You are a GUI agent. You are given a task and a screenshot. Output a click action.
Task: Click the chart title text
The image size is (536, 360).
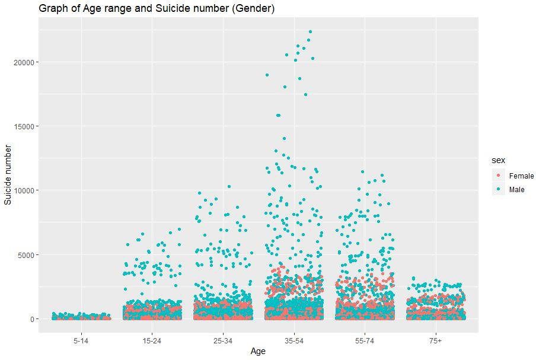click(157, 8)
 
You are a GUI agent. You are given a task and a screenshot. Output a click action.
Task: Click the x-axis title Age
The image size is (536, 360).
click(258, 351)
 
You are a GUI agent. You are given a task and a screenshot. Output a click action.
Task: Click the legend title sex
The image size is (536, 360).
click(497, 161)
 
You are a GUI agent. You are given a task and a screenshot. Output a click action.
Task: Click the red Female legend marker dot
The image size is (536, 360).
click(499, 176)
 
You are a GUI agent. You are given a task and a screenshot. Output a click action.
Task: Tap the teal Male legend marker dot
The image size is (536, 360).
click(499, 190)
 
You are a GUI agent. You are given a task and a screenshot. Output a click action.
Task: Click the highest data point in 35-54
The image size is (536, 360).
click(310, 32)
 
